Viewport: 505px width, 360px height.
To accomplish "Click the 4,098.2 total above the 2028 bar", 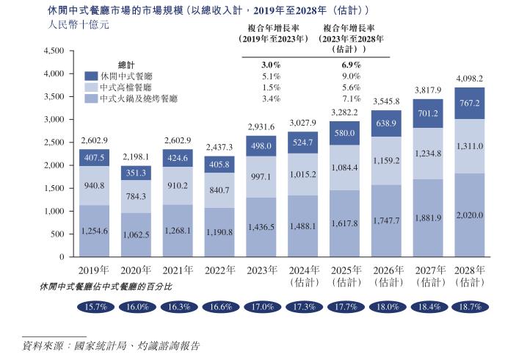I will (x=470, y=78).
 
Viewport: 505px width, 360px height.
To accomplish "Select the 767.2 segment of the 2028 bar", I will (x=470, y=104).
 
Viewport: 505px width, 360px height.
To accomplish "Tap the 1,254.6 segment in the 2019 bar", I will (x=94, y=231).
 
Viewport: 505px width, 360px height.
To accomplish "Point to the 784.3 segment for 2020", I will (x=136, y=196).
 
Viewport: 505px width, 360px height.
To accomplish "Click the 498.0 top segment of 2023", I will (x=261, y=145).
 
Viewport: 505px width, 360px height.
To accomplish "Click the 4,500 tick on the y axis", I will (x=55, y=51).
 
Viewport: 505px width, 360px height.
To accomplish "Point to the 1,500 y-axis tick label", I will (x=55, y=188).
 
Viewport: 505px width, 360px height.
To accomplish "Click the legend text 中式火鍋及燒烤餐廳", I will (x=139, y=98).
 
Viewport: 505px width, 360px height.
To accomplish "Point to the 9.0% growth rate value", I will (x=350, y=76).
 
